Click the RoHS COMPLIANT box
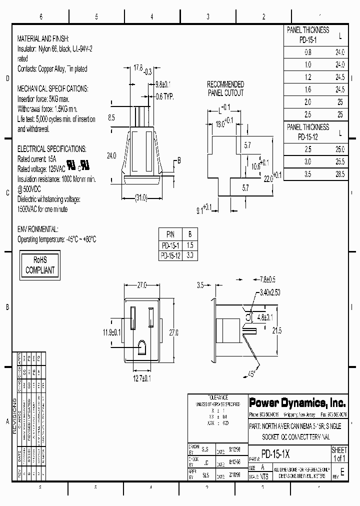[39, 265]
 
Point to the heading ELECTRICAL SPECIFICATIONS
[51, 149]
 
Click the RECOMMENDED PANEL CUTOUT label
[225, 88]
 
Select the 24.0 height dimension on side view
[111, 155]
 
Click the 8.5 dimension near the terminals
[111, 118]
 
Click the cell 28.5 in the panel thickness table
[340, 174]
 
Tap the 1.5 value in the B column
[189, 245]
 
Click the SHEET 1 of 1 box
[339, 454]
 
